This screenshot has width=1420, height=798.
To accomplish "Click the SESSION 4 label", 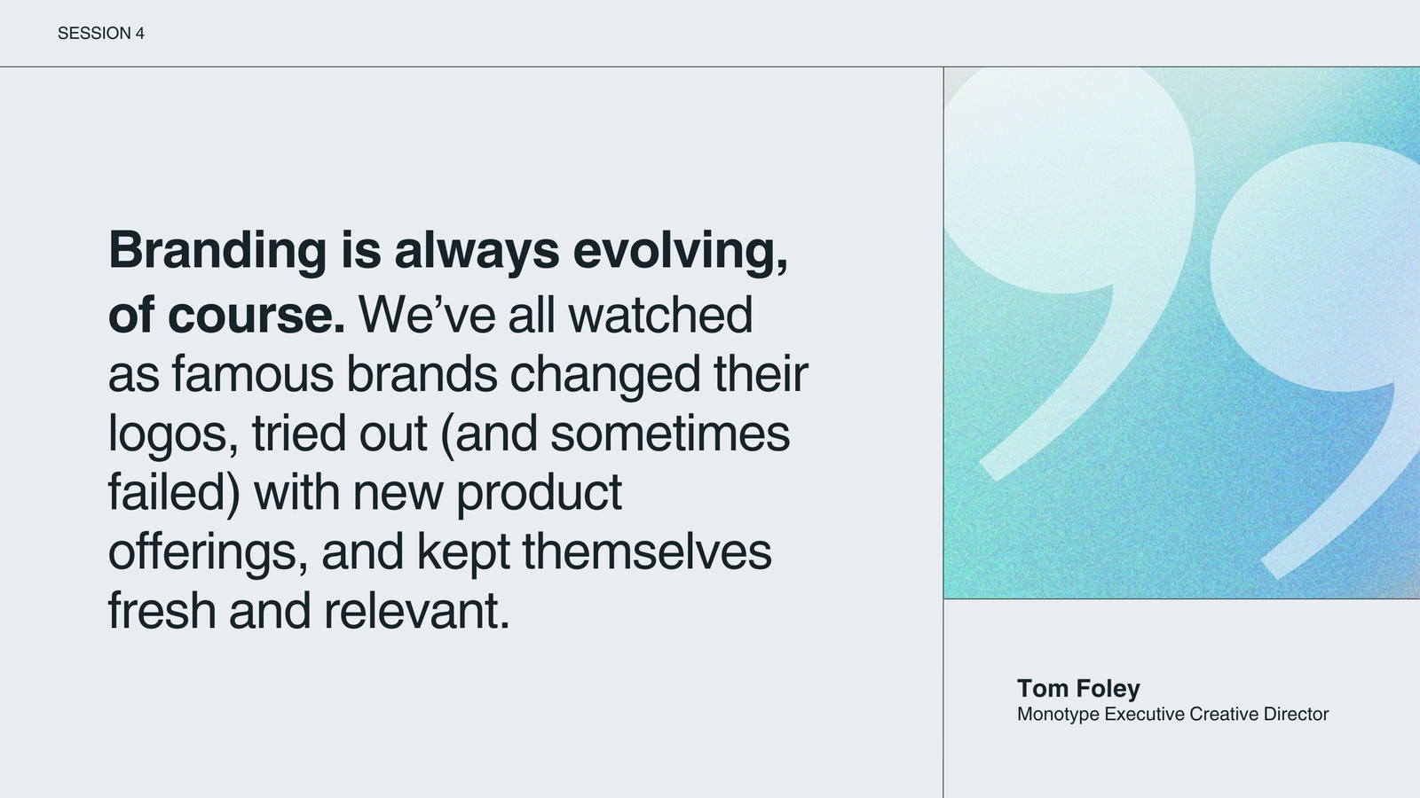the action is pyautogui.click(x=101, y=33).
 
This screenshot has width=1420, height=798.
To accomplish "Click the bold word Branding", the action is pyautogui.click(x=217, y=252).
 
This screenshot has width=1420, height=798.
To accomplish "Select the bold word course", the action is pyautogui.click(x=256, y=314).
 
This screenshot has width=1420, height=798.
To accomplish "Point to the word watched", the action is pyautogui.click(x=660, y=314).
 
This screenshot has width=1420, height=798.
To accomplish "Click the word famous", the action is pyautogui.click(x=252, y=373).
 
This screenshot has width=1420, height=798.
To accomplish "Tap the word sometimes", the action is pyautogui.click(x=669, y=434).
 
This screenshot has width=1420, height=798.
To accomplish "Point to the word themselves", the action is pyautogui.click(x=647, y=551).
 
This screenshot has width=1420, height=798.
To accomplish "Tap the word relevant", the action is pyautogui.click(x=416, y=611).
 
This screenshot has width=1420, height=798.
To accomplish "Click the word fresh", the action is pyautogui.click(x=162, y=610).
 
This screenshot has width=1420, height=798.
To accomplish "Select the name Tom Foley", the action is pyautogui.click(x=1078, y=688).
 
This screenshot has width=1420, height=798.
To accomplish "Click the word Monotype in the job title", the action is pyautogui.click(x=1058, y=715).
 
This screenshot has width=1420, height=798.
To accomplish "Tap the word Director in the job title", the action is pyautogui.click(x=1296, y=714).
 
